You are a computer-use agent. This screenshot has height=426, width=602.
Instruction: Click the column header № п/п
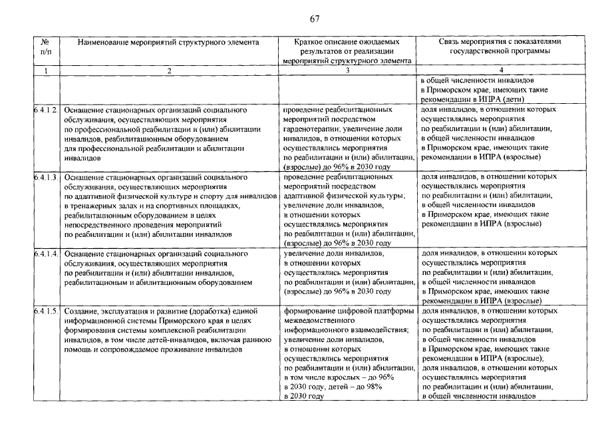click(x=45, y=46)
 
